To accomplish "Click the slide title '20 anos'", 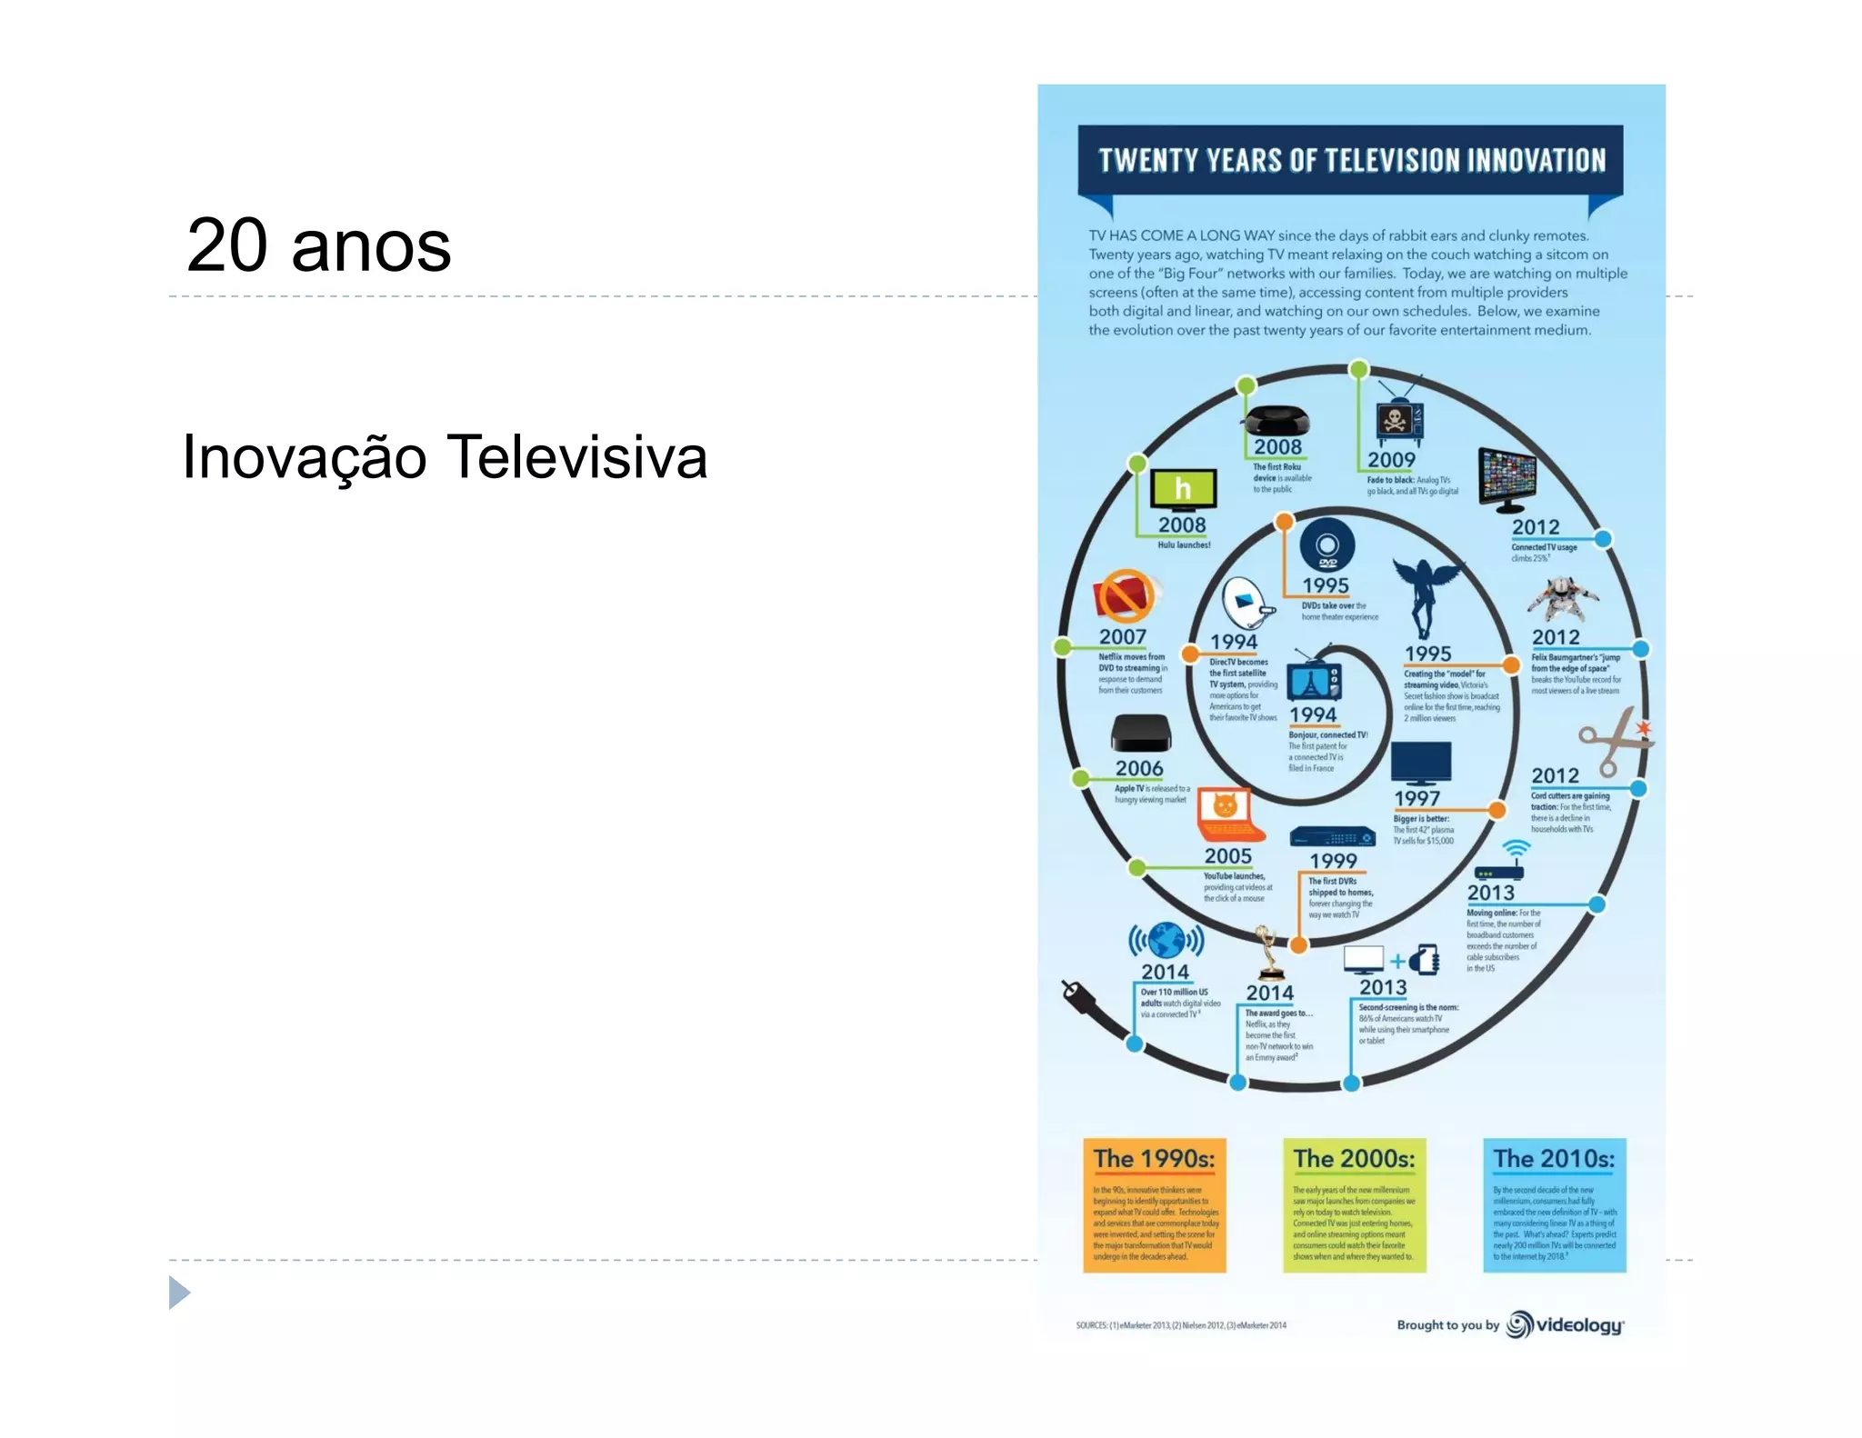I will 318,245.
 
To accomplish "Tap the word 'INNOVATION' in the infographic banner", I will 1536,161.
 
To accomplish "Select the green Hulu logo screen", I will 1183,489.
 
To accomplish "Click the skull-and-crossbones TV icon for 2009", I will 1397,420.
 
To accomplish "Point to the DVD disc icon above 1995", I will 1327,546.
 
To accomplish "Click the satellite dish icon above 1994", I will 1245,602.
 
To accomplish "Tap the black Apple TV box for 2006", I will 1140,733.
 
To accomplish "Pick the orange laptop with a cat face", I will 1228,814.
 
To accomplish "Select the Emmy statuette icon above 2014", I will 1266,953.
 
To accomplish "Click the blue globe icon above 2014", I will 1166,941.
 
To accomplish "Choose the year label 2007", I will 1122,637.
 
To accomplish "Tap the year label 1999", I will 1333,861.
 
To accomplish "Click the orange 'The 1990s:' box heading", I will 1154,1159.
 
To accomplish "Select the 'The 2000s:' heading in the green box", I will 1354,1159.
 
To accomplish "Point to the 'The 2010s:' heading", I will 1554,1159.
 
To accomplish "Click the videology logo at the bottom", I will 1566,1325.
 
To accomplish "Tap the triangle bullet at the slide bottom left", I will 179,1293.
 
